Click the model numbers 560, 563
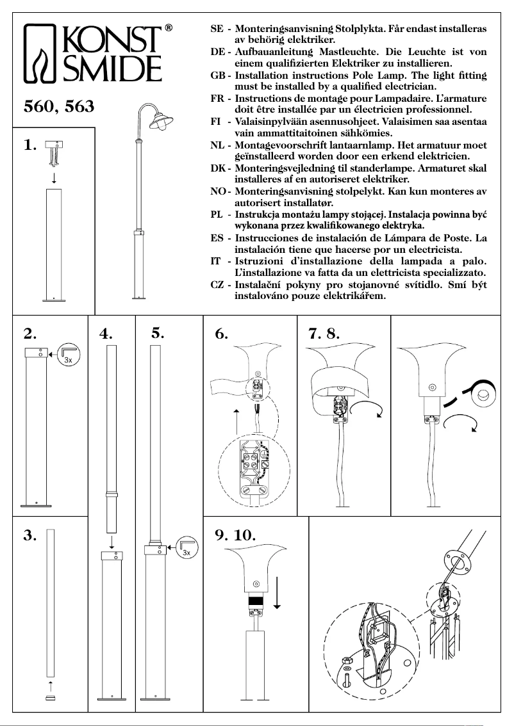(x=58, y=107)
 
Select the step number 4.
(x=106, y=333)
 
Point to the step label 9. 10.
(x=235, y=535)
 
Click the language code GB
(x=217, y=75)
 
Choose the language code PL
(x=217, y=214)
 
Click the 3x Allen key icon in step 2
(x=69, y=354)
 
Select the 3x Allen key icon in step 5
(x=187, y=546)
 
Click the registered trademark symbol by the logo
(x=168, y=28)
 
